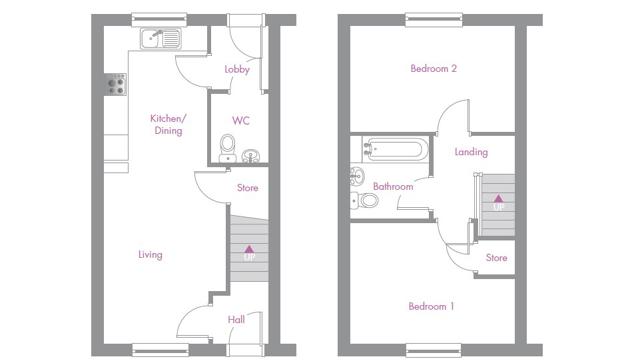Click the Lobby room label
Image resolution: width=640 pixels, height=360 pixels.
pyautogui.click(x=237, y=69)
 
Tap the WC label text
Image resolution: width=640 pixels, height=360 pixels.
pyautogui.click(x=241, y=121)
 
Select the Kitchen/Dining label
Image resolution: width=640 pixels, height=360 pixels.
pyautogui.click(x=168, y=124)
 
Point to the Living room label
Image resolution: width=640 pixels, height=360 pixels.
pyautogui.click(x=150, y=255)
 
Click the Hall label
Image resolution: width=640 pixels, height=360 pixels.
pyautogui.click(x=236, y=320)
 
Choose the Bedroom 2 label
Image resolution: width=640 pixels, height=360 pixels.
pyautogui.click(x=433, y=69)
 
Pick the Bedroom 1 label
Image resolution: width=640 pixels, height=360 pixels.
pyautogui.click(x=431, y=306)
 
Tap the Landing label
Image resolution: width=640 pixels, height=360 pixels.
pyautogui.click(x=471, y=152)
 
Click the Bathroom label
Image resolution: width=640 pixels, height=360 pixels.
pyautogui.click(x=393, y=187)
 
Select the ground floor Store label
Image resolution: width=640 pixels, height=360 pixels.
pyautogui.click(x=248, y=188)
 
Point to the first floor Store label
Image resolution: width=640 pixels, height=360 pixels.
pyautogui.click(x=496, y=258)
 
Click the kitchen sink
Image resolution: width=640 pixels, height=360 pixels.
pyautogui.click(x=161, y=39)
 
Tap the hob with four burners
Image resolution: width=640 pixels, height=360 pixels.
pyautogui.click(x=116, y=85)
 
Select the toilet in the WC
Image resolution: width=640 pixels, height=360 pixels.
pyautogui.click(x=228, y=149)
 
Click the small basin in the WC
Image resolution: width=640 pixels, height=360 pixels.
pyautogui.click(x=251, y=156)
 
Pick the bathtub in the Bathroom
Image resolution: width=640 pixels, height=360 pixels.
pyautogui.click(x=395, y=149)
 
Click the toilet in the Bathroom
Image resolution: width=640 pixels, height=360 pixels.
pyautogui.click(x=364, y=200)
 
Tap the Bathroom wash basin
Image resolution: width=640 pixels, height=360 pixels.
pyautogui.click(x=357, y=176)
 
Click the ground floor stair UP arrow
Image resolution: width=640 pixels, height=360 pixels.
pyautogui.click(x=249, y=249)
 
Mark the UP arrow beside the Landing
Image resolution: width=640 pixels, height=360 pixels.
pyautogui.click(x=498, y=199)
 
